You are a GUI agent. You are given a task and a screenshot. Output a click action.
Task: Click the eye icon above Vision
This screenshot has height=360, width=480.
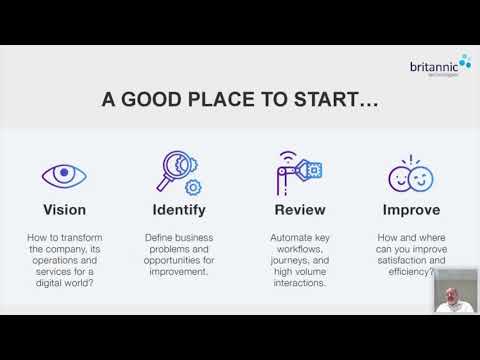point(64,175)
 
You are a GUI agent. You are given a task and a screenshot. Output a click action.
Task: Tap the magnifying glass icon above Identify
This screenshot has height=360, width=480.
point(180,172)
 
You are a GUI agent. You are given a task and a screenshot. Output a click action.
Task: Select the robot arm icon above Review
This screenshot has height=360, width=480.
point(296,172)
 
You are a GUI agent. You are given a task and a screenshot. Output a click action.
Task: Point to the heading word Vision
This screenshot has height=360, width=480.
point(64,210)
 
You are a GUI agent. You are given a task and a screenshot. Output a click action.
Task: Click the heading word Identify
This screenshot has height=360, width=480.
point(180,210)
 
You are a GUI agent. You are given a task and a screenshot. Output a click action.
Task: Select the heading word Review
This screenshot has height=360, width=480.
point(297,210)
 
